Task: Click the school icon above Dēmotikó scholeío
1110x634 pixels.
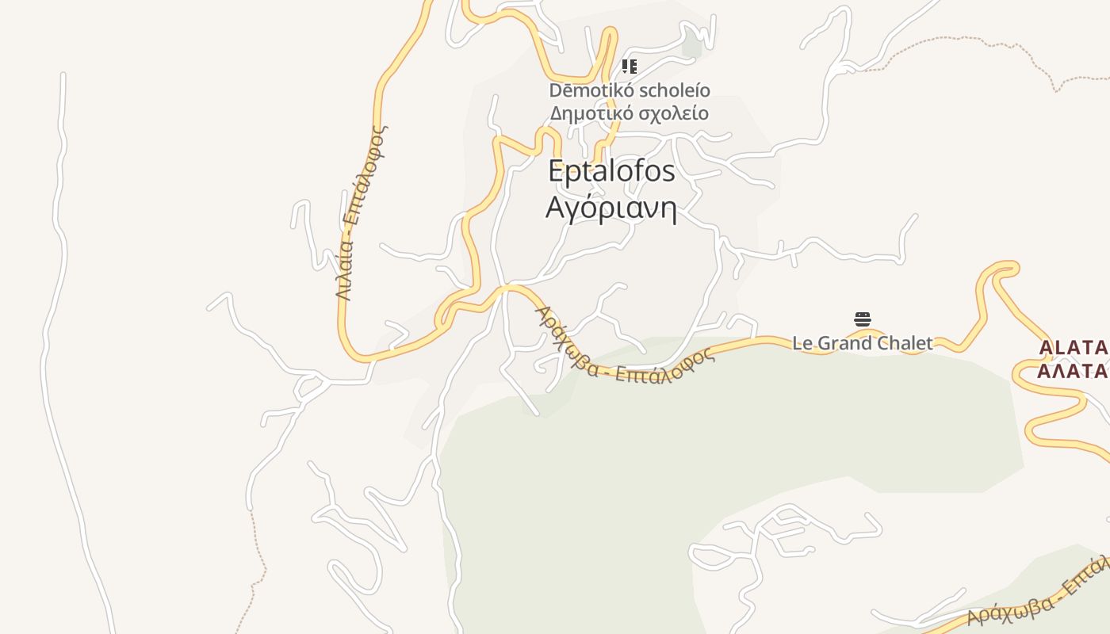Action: click(629, 67)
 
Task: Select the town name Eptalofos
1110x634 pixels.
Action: click(611, 171)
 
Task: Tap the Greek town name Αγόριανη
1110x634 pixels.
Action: click(611, 208)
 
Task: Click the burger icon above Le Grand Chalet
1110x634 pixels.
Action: click(863, 319)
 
